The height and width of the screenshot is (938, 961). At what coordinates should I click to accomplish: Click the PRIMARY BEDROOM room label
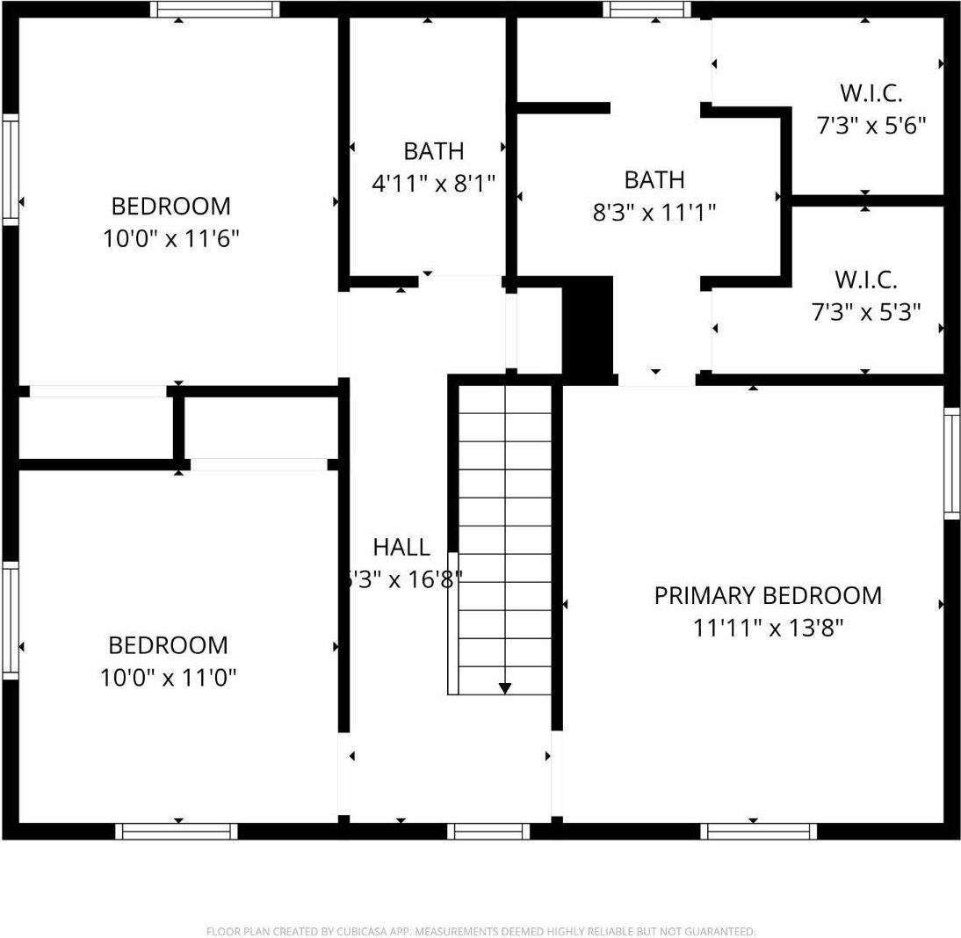tap(767, 595)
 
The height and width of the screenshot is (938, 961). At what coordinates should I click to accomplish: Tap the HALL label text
tap(401, 547)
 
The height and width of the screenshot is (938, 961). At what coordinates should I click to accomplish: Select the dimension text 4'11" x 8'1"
tap(434, 184)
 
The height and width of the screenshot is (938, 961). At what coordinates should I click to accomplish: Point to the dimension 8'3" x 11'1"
tap(654, 212)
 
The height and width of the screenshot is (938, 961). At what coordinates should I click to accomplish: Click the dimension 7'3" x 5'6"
tap(871, 126)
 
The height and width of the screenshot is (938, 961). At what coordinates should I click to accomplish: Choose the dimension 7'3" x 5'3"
tap(865, 312)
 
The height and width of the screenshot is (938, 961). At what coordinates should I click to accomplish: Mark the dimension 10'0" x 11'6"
tap(171, 238)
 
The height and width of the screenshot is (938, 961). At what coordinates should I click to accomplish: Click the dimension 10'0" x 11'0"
tap(169, 677)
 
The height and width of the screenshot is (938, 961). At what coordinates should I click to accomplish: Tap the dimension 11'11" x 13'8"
tap(767, 628)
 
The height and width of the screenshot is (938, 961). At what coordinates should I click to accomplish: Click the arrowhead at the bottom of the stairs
tap(505, 688)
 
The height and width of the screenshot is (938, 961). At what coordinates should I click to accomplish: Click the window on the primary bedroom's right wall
tap(951, 462)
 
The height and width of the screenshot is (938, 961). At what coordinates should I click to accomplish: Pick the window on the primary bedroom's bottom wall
tap(762, 831)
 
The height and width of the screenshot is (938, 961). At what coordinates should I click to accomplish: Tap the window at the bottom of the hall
tap(488, 831)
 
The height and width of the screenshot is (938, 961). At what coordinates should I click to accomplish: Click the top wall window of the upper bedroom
tap(214, 10)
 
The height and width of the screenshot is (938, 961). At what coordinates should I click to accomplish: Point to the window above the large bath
tap(647, 10)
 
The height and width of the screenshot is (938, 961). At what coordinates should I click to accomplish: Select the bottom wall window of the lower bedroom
tap(177, 831)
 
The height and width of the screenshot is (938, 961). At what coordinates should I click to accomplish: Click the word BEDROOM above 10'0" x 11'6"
tap(171, 206)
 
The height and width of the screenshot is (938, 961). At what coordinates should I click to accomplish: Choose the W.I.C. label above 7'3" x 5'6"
tap(871, 92)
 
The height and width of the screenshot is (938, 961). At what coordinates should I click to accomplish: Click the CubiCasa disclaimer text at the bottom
tap(480, 931)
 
